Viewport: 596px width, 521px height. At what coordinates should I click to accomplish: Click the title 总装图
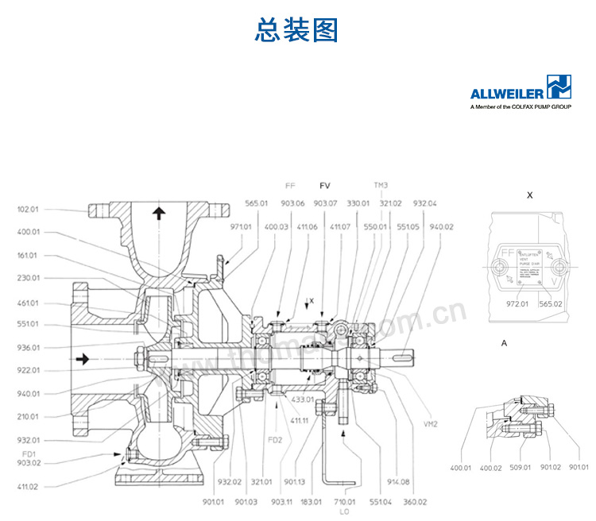click(x=296, y=30)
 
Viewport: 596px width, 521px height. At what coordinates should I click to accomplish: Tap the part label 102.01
click(x=28, y=210)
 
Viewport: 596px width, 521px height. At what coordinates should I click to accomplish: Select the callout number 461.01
click(x=28, y=302)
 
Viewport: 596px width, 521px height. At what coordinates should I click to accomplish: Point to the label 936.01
click(x=28, y=347)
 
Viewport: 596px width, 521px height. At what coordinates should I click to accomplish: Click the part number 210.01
click(x=28, y=416)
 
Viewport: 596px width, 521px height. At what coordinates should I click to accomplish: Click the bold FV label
click(x=324, y=186)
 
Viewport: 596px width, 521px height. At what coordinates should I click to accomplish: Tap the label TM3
click(x=381, y=186)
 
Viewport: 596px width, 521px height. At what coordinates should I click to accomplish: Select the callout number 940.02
click(x=442, y=226)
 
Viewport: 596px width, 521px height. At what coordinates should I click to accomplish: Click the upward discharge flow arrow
click(x=159, y=212)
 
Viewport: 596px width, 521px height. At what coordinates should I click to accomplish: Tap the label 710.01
click(x=344, y=501)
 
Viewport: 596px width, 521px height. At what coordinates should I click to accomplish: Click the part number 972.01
click(x=518, y=303)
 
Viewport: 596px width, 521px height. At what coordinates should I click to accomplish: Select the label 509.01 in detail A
click(x=521, y=467)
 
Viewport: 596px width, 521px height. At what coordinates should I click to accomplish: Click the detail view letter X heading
click(x=529, y=193)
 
